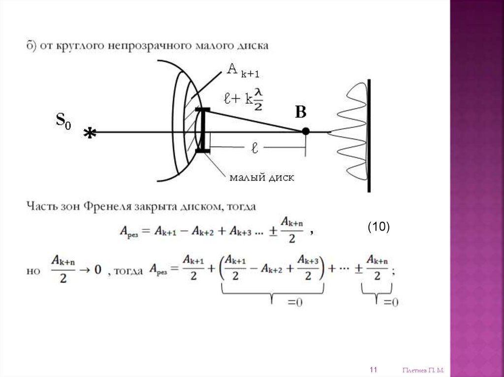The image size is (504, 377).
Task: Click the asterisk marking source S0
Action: pyautogui.click(x=90, y=133)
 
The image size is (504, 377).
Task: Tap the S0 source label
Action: pyautogui.click(x=63, y=120)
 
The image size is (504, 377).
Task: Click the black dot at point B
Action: pyautogui.click(x=306, y=131)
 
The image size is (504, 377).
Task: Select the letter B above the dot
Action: pyautogui.click(x=300, y=113)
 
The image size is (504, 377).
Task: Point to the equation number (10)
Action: pyautogui.click(x=378, y=226)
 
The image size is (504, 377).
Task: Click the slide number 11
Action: pyautogui.click(x=373, y=370)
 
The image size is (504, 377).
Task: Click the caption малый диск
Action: pyautogui.click(x=262, y=177)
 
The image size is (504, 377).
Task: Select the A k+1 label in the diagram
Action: pyautogui.click(x=242, y=70)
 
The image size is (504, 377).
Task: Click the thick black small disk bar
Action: pyautogui.click(x=202, y=130)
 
